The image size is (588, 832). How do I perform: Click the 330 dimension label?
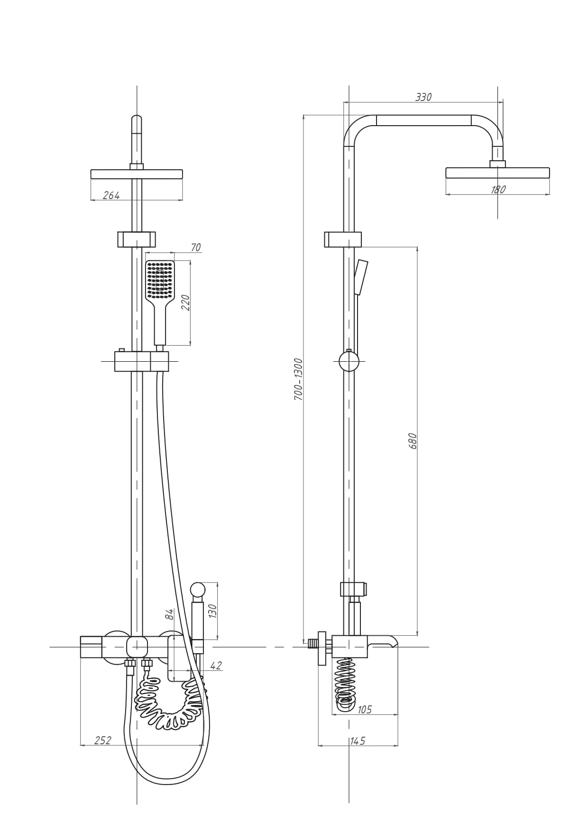coord(423,97)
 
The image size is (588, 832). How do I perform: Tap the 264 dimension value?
coord(111,195)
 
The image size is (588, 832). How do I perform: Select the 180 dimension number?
coord(498,189)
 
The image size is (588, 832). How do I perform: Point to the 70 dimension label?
coord(195,247)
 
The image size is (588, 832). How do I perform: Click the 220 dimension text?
coord(185,302)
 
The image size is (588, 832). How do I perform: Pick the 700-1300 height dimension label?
coord(298,379)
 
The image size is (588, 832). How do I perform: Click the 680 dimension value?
coord(413,441)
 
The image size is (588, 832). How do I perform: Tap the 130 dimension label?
coord(212,611)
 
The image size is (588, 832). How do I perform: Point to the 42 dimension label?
coord(216,666)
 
